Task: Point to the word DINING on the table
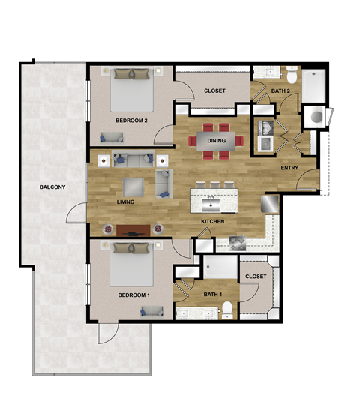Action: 216,139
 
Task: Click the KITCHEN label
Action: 214,223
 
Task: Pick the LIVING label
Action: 125,202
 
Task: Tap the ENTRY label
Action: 290,167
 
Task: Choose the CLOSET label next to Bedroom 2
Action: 215,91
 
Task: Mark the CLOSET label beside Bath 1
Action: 256,277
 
